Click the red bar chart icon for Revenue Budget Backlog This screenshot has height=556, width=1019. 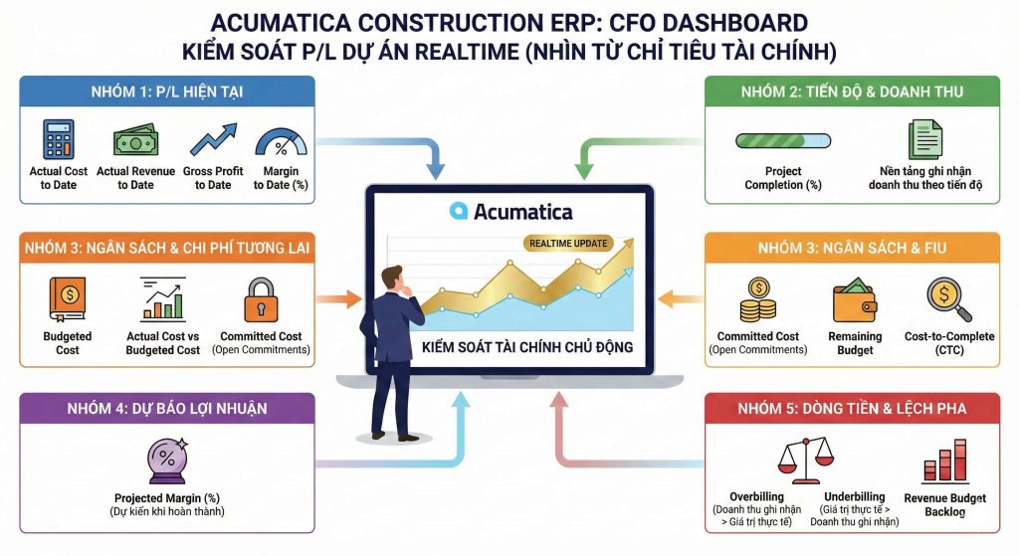pyautogui.click(x=944, y=460)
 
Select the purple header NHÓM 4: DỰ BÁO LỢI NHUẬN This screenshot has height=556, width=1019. pyautogui.click(x=167, y=408)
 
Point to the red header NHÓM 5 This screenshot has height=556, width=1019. pyautogui.click(x=853, y=408)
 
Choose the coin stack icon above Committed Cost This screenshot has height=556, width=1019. pyautogui.click(x=758, y=299)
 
